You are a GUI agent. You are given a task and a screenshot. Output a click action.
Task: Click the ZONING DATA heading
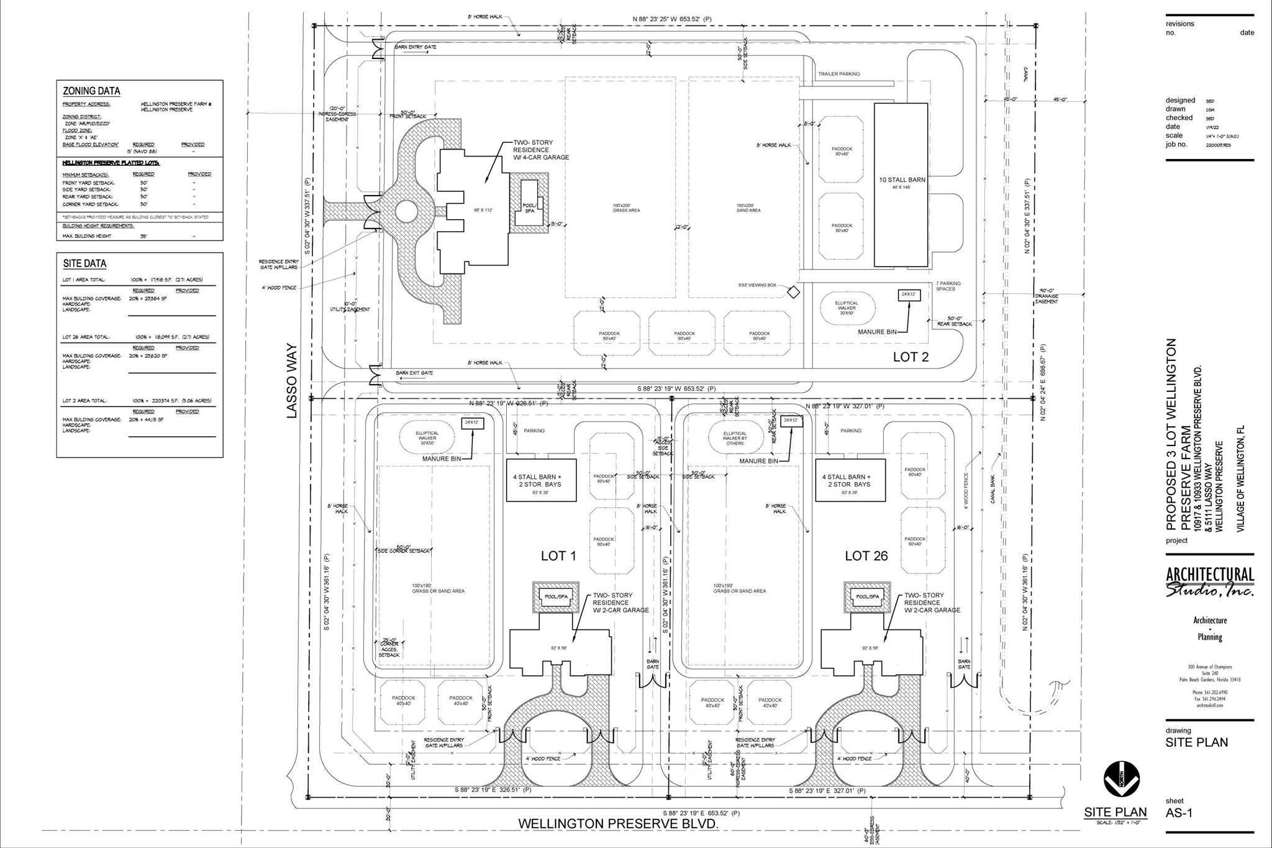click(x=91, y=91)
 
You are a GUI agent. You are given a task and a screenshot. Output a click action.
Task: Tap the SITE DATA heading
click(x=84, y=263)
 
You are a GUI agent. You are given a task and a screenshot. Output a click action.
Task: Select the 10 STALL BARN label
click(x=902, y=180)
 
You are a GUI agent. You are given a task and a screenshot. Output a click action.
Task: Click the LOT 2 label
click(x=911, y=357)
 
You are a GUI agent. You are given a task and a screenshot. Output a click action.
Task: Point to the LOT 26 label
click(x=866, y=556)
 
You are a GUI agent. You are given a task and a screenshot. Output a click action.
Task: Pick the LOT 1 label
click(x=558, y=556)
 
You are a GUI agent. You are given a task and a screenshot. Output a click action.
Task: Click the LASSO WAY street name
click(x=293, y=381)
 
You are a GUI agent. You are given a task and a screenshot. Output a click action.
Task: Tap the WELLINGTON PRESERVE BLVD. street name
click(x=618, y=824)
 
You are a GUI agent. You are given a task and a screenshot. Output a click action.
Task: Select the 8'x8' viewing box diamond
click(x=793, y=291)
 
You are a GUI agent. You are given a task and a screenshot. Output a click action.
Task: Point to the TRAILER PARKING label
click(x=839, y=74)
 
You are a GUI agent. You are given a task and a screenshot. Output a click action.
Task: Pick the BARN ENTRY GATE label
click(x=416, y=47)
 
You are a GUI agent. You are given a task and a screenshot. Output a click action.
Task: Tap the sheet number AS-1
click(x=1179, y=813)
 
